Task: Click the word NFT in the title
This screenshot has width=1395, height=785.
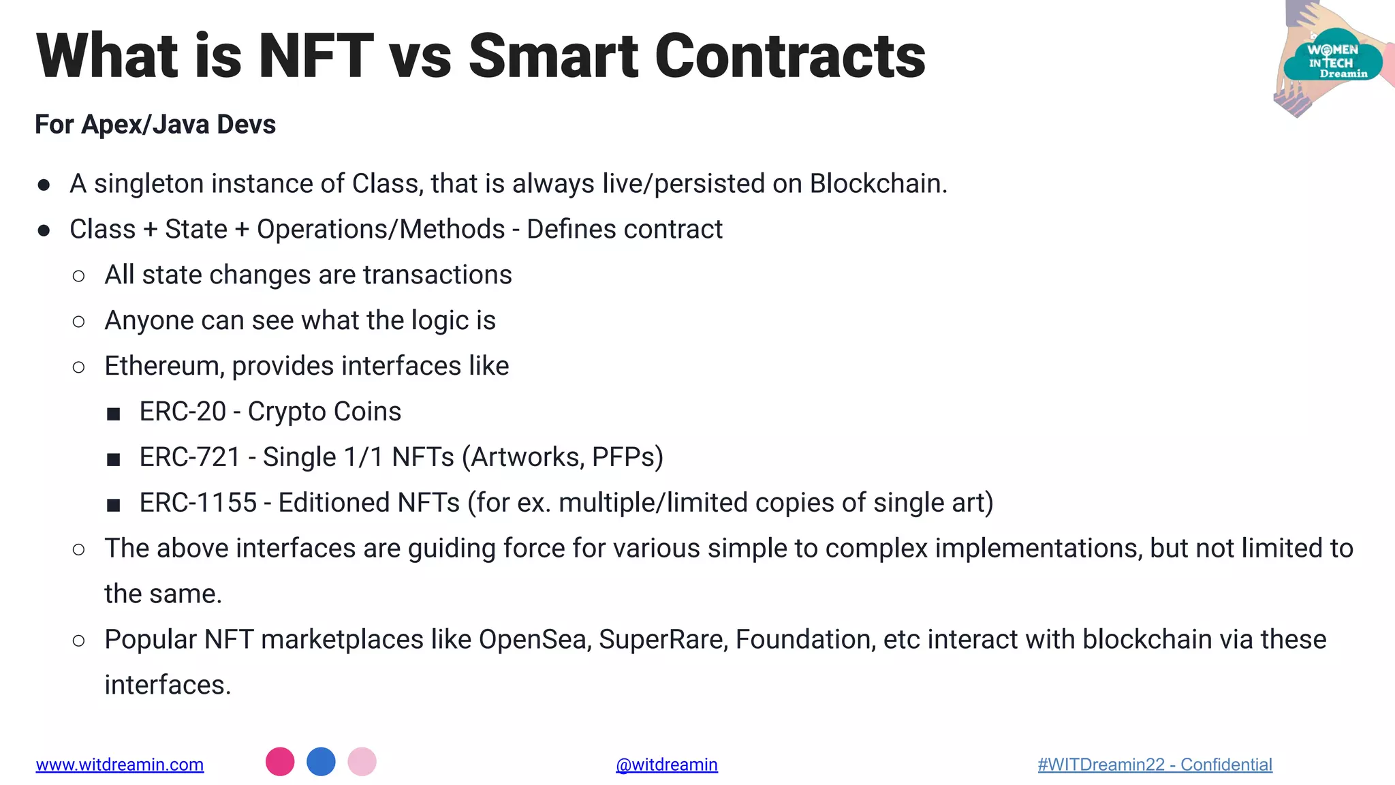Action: (x=315, y=56)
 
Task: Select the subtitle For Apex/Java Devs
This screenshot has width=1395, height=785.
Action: (x=155, y=125)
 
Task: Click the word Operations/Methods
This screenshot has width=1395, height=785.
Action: (x=381, y=230)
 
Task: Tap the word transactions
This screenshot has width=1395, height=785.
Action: (x=437, y=275)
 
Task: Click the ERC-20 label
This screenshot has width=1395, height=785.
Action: (x=183, y=412)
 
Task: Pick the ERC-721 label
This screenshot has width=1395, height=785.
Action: (x=190, y=457)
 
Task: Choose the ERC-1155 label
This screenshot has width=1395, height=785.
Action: (x=198, y=503)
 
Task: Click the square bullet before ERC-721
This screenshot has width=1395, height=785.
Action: (x=114, y=459)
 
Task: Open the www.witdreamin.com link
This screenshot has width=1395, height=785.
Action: (x=120, y=765)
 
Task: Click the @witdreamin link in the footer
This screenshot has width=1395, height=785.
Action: (x=666, y=765)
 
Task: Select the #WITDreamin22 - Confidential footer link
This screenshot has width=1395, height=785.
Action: (x=1155, y=765)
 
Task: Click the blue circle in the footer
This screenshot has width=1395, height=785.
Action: (x=321, y=762)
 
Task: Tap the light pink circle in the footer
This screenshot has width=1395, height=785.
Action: (x=362, y=762)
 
